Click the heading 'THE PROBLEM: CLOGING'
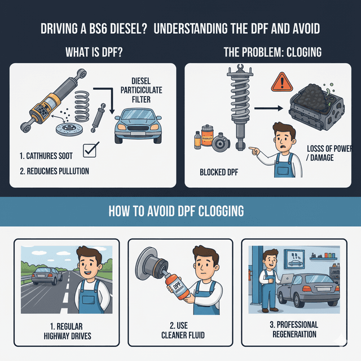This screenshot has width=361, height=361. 272,52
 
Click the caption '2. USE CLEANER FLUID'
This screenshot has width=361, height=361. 180,331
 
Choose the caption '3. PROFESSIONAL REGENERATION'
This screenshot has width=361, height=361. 293,329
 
